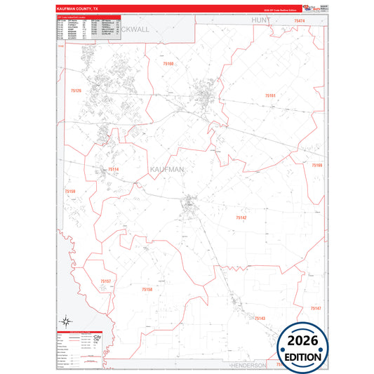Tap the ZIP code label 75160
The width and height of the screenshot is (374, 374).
point(168,64)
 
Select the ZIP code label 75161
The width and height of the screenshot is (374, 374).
point(270,95)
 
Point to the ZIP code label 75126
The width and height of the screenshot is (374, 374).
point(76,91)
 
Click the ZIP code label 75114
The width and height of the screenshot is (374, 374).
point(113,169)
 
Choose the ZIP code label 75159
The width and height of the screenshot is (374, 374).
point(69,191)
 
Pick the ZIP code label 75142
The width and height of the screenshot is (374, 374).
point(241,218)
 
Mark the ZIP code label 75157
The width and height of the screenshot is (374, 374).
point(106,281)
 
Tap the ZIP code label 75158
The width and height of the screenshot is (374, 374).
point(147,289)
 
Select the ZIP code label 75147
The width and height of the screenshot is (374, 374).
point(315,309)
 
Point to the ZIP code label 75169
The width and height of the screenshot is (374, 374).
point(316,166)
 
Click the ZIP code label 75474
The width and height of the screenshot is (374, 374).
point(300,22)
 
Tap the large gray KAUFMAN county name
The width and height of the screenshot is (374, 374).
point(167,170)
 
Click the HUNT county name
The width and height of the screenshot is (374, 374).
point(260,22)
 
